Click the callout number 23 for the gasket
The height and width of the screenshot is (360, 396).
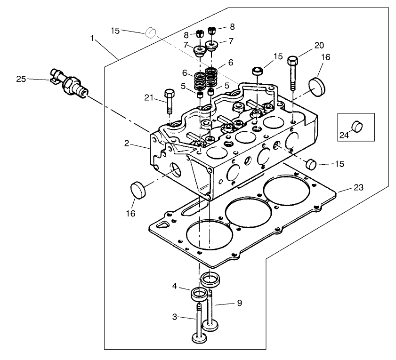[358, 187]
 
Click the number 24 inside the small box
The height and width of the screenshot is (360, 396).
[345, 136]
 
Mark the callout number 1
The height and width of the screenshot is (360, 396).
[92, 37]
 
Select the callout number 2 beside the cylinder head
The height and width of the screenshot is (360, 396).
[127, 144]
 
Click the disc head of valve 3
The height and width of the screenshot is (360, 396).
[199, 338]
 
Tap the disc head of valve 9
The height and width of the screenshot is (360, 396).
[210, 325]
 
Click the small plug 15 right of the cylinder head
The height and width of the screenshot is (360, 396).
[311, 164]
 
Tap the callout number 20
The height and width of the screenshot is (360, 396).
[319, 46]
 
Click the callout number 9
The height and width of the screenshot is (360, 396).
[240, 303]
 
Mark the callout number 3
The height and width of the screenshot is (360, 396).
[174, 317]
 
